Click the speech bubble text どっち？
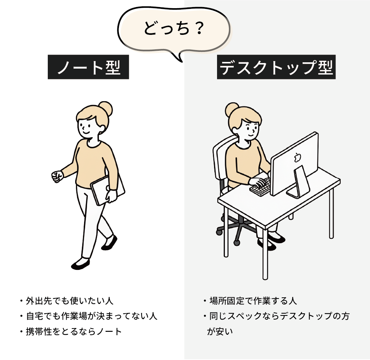point(173,28)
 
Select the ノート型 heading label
point(88,67)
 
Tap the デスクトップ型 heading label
point(276,67)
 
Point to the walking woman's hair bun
point(105,109)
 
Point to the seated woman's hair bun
point(232,109)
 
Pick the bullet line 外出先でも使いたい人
point(67,301)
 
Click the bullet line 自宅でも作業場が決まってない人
point(89,316)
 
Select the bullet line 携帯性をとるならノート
point(71,332)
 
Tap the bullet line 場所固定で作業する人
point(250,301)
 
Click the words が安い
point(220,331)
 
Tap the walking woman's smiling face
point(87,127)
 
